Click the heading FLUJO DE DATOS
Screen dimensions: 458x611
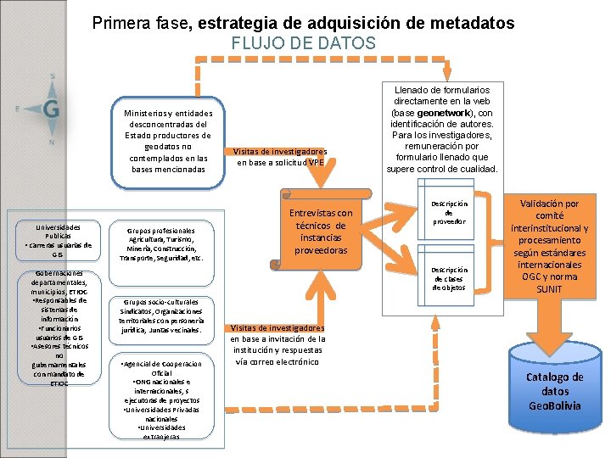pyautogui.click(x=303, y=43)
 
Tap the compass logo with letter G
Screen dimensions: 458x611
pyautogui.click(x=50, y=108)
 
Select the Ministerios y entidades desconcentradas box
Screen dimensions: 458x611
pyautogui.click(x=168, y=141)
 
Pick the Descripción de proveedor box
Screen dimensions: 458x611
pyautogui.click(x=449, y=215)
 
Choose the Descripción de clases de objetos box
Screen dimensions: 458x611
pyautogui.click(x=449, y=278)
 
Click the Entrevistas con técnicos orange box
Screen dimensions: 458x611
pyautogui.click(x=321, y=232)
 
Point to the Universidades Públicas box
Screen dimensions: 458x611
pyautogui.click(x=58, y=240)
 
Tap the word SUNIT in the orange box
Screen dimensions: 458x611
pyautogui.click(x=549, y=289)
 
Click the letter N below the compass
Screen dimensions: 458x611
pyautogui.click(x=52, y=142)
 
